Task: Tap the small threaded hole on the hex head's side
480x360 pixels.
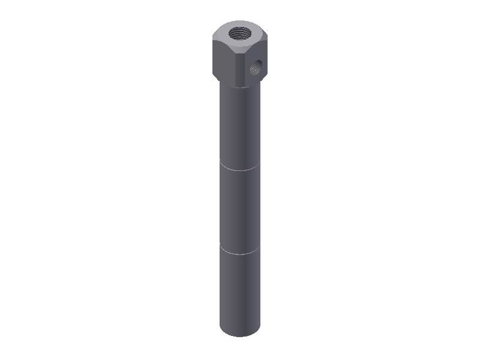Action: tap(256, 67)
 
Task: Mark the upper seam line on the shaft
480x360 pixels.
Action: tap(240, 170)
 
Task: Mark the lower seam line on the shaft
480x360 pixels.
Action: tap(240, 253)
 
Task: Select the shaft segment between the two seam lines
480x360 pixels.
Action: tap(240, 210)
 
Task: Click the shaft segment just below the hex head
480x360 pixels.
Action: tap(240, 126)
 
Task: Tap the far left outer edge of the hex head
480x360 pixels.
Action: tap(212, 57)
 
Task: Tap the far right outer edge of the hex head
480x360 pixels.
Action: tap(266, 57)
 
